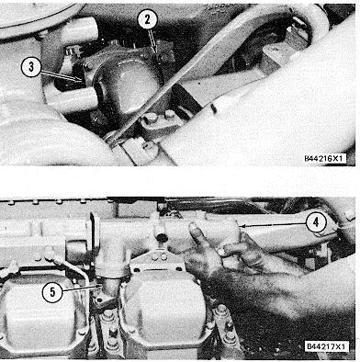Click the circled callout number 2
(x=147, y=20)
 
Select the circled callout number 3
(x=31, y=67)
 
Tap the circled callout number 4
(x=316, y=222)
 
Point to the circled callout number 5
(x=52, y=292)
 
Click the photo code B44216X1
(x=325, y=159)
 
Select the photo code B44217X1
(x=326, y=346)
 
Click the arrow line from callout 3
(x=62, y=76)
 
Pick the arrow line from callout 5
(x=82, y=288)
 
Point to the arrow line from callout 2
(x=153, y=41)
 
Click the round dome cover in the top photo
(x=128, y=86)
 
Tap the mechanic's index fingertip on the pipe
(x=193, y=227)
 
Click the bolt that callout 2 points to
(x=162, y=57)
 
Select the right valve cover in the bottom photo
(x=164, y=301)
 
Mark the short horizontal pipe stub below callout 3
(x=72, y=98)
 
